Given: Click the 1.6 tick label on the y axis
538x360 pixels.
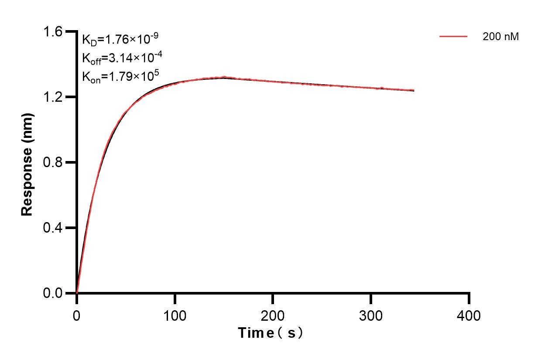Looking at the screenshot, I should [x=53, y=32].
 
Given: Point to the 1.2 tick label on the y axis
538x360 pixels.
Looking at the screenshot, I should [x=53, y=97].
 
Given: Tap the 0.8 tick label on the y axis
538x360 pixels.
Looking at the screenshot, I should [x=53, y=162].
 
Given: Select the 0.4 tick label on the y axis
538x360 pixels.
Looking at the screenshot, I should [x=53, y=228].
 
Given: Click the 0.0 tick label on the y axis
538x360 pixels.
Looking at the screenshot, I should [x=53, y=293].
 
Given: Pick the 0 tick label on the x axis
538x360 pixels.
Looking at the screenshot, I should [x=77, y=315].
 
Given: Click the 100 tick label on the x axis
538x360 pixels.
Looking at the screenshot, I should [x=175, y=315].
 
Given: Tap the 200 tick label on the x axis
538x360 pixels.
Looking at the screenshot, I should [x=273, y=315].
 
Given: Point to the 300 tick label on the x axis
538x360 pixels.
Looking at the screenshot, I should [x=371, y=315].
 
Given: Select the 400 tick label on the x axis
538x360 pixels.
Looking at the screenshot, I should [x=469, y=315].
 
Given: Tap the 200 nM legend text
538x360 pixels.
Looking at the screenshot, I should [x=500, y=37].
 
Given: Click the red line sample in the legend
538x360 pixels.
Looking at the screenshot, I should [x=453, y=37].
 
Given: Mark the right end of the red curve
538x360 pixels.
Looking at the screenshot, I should [x=414, y=90].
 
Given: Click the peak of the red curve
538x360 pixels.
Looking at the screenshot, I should [x=224, y=77].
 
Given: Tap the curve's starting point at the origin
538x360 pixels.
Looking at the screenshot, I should [x=77, y=293].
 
